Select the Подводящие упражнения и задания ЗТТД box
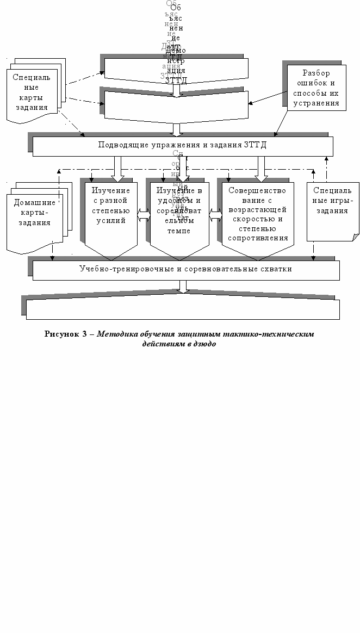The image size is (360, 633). point(182,145)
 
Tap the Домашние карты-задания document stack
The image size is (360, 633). point(35,215)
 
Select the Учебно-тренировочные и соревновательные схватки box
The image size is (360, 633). point(185,269)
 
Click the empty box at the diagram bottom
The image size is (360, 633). point(182,308)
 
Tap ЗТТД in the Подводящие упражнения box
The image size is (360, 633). point(255,145)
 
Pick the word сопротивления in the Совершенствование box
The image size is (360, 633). point(258,238)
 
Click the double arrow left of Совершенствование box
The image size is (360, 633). point(216,216)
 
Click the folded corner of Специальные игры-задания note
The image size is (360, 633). point(355,237)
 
